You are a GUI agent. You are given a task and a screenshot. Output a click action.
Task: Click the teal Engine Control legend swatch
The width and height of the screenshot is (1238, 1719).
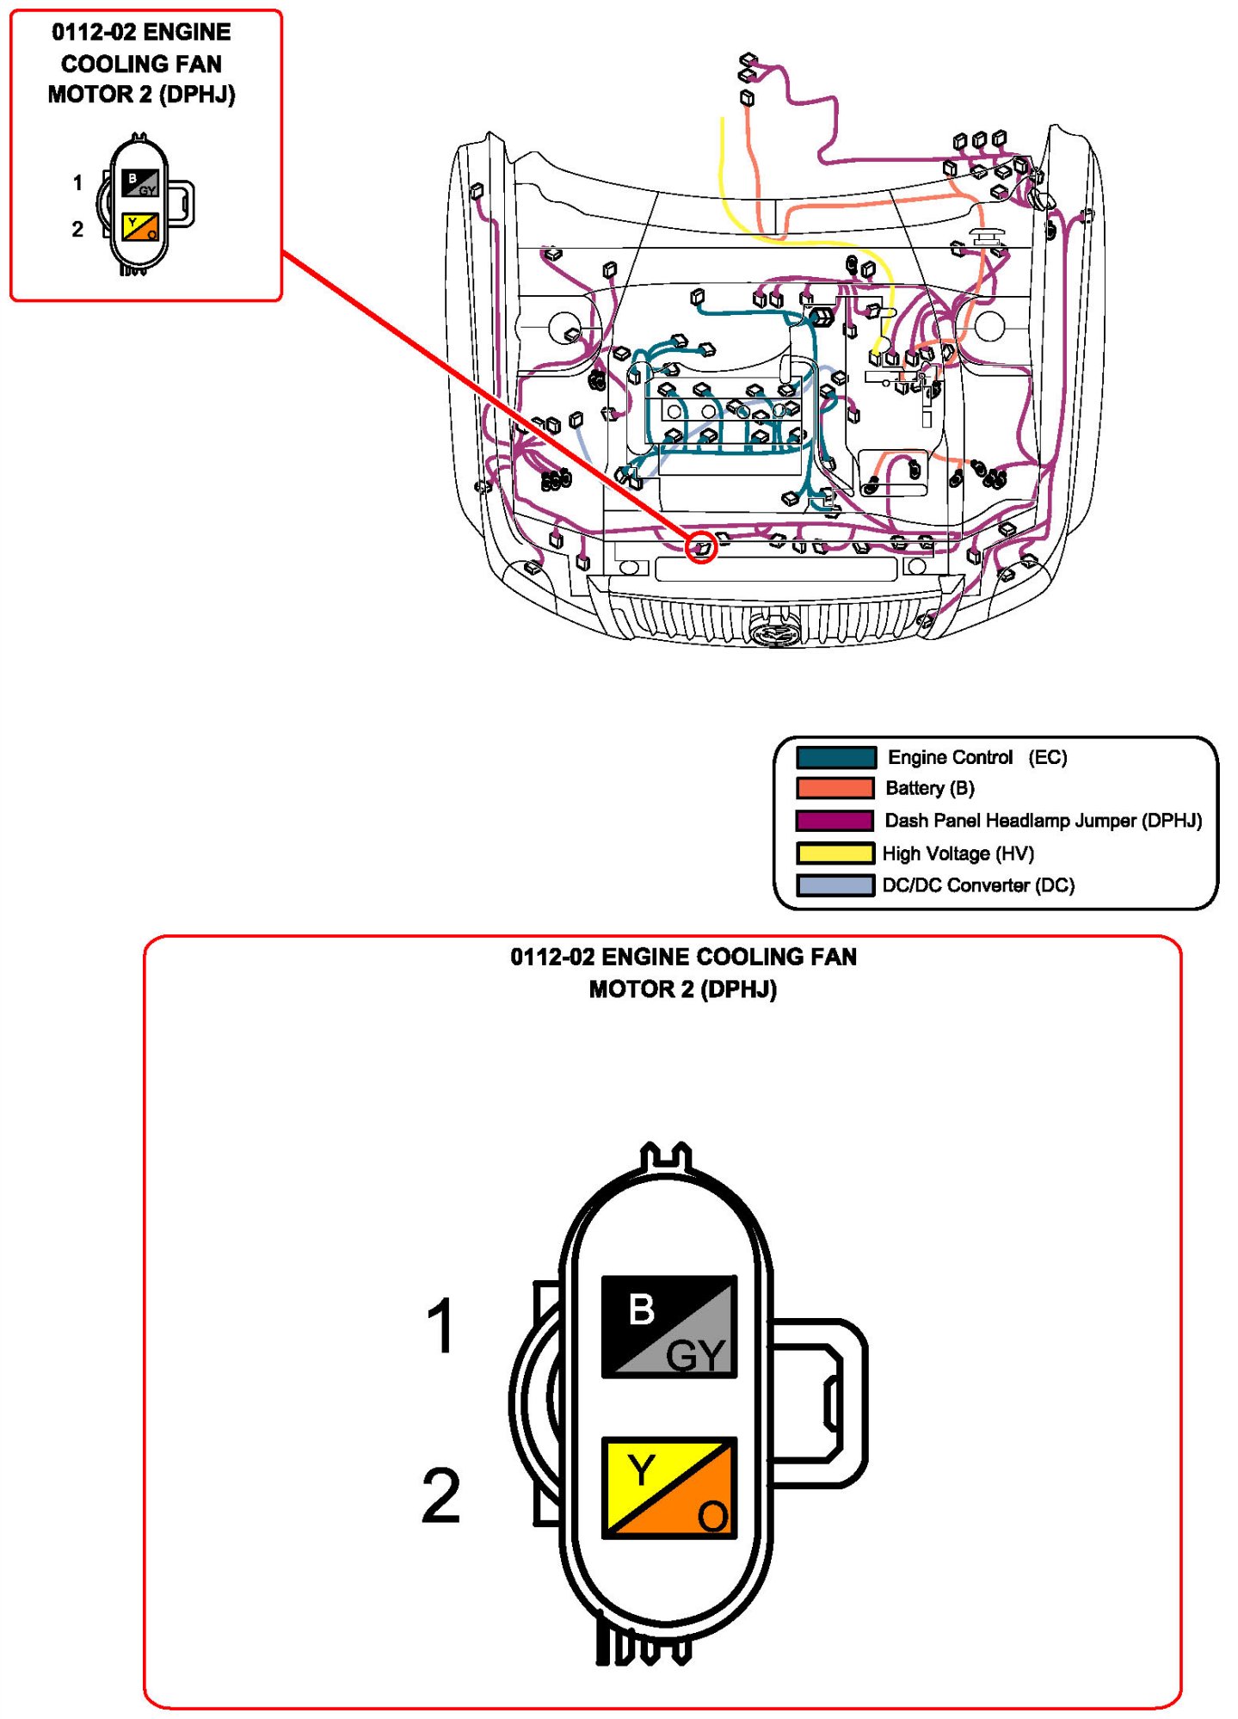point(835,757)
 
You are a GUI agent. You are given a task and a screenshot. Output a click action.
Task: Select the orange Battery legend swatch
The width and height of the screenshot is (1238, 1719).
point(835,788)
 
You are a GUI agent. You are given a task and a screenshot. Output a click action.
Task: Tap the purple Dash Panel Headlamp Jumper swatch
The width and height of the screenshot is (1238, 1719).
point(835,821)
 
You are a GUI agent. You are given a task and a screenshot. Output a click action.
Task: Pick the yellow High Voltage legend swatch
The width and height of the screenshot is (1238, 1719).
point(835,853)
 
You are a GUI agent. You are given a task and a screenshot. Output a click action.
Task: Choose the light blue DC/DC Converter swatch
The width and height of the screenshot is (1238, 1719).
point(835,885)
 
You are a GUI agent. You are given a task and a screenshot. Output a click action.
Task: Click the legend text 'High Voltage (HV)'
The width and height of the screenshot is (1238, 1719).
point(958,853)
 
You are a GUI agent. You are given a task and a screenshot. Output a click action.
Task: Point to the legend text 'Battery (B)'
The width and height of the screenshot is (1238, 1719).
point(929,788)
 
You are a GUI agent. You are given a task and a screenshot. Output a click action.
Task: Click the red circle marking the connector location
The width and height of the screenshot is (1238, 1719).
point(701,546)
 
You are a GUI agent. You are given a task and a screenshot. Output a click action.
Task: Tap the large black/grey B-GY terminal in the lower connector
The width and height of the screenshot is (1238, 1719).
point(668,1326)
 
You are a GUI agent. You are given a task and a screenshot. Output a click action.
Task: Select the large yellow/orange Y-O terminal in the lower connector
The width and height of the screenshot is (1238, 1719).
point(668,1487)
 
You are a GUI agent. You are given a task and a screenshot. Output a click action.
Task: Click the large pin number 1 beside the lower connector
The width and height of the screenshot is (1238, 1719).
point(440,1326)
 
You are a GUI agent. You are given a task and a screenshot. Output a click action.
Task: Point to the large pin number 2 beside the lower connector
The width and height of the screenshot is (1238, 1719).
point(440,1495)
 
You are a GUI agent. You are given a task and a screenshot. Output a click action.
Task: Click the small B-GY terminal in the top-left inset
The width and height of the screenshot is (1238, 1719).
point(139,183)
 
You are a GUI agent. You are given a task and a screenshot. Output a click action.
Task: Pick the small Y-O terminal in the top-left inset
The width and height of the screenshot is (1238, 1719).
point(139,227)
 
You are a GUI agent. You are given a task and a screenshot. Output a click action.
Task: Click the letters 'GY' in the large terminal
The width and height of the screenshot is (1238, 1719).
point(695,1356)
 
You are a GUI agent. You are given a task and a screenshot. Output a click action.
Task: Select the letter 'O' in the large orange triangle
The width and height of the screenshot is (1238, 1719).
point(712,1516)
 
